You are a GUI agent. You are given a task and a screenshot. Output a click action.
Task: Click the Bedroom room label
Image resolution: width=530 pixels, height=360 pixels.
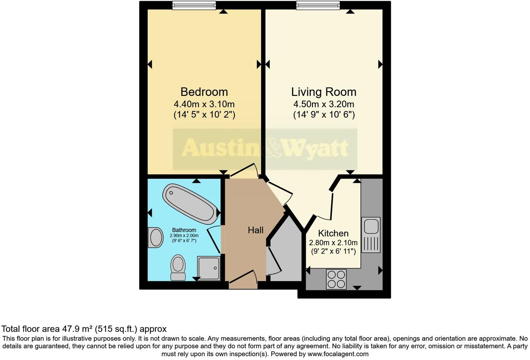204,92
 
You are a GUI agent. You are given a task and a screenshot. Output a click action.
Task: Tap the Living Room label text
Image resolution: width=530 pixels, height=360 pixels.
324,92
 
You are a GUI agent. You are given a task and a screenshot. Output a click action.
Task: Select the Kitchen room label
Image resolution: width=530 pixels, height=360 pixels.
333,233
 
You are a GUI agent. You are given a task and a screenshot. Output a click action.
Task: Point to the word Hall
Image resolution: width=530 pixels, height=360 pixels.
256,230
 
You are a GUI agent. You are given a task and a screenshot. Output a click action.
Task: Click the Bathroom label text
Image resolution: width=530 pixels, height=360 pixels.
184,230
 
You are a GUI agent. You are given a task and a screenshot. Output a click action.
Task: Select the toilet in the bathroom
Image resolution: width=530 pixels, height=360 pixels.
178,267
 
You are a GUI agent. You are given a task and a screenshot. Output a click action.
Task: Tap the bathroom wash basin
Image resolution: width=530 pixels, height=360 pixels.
156,238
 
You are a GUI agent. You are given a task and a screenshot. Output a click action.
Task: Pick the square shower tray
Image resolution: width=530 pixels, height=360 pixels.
209,268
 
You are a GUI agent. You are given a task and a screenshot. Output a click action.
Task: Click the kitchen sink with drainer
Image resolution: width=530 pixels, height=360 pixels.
371,234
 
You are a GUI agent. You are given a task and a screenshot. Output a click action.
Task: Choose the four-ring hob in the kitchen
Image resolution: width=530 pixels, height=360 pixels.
336,279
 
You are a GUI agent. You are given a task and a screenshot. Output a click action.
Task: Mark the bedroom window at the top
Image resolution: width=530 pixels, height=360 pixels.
194,5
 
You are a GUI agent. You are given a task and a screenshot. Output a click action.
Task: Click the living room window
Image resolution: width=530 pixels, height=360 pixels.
318,5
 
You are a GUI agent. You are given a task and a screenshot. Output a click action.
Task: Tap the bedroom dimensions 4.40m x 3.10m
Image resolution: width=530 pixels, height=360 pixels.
204,104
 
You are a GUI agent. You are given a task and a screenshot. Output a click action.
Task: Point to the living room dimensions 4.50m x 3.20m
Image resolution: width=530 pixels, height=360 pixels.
324,104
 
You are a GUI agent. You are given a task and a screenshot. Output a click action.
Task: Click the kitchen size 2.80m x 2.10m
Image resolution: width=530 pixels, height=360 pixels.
333,243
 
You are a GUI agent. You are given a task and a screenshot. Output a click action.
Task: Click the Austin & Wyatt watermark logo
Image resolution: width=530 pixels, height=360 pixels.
265,149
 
